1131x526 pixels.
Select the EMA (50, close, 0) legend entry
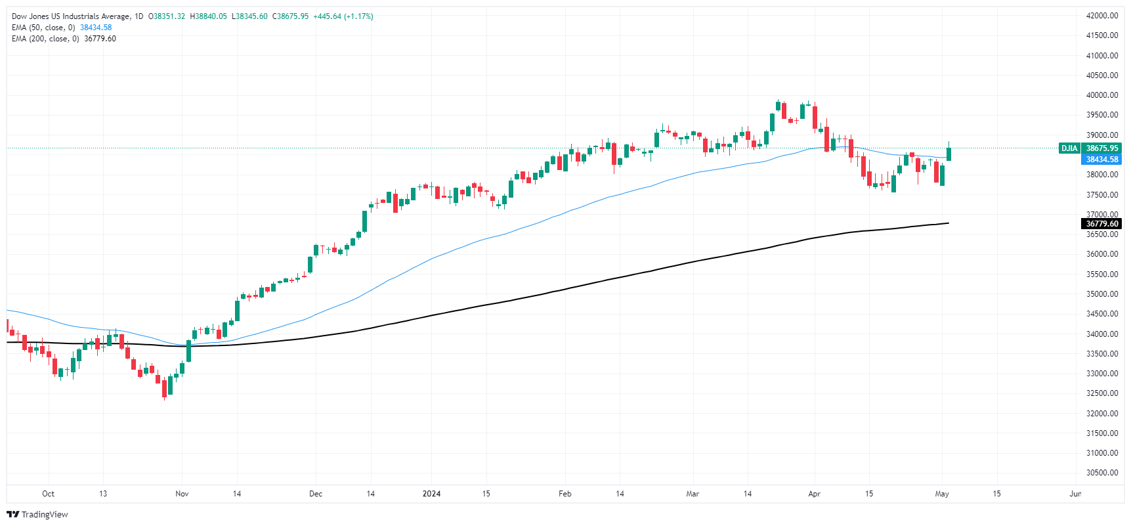pos(43,28)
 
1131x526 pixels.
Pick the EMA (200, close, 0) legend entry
pos(45,39)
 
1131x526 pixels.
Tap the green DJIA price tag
pos(1069,148)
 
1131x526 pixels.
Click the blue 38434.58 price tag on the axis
pos(1102,160)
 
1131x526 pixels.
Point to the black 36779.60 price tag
pos(1102,224)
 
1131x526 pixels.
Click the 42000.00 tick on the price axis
pos(1102,16)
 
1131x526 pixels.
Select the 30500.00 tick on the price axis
pos(1102,473)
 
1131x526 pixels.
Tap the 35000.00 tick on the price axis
pos(1102,294)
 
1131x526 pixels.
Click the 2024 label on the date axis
pos(431,494)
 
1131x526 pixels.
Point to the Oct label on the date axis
pos(48,494)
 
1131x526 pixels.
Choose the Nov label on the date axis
pos(182,494)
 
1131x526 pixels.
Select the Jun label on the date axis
pos(1075,494)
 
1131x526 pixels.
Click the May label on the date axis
pos(942,494)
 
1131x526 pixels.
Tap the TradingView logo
pos(37,514)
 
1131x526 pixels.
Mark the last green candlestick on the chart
pos(949,154)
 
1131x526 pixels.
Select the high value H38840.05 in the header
pos(208,16)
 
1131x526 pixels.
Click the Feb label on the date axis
pos(565,494)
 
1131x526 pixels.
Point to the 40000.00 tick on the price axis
pos(1102,95)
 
